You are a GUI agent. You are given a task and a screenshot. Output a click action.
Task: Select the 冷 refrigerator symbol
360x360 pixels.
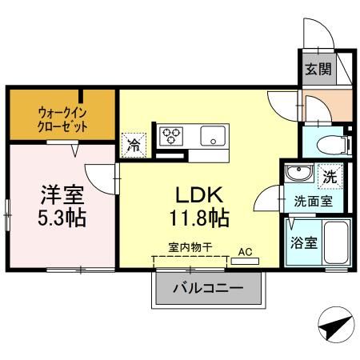pyautogui.click(x=133, y=146)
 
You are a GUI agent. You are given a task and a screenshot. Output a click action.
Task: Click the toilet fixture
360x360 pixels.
pyautogui.click(x=330, y=145)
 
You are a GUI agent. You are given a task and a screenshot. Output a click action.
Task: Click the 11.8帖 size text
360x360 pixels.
pyautogui.click(x=200, y=216)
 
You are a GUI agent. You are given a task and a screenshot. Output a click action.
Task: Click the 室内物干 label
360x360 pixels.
pyautogui.click(x=190, y=248)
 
